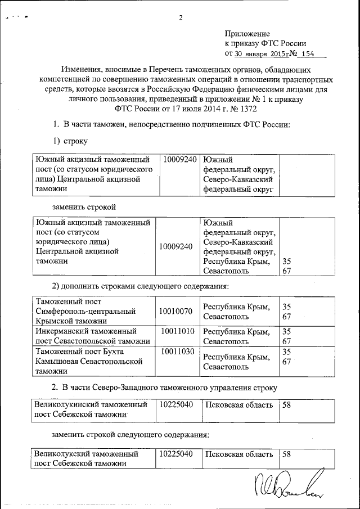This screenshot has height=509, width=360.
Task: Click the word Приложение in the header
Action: (247, 34)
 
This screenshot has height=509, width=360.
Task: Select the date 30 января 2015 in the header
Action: (261, 55)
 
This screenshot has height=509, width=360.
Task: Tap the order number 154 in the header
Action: (307, 55)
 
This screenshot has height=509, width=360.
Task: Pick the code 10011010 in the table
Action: (178, 331)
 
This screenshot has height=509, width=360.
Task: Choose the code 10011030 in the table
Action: (178, 352)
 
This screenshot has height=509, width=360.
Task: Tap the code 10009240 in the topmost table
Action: (180, 160)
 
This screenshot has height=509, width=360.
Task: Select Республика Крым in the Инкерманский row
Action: (236, 331)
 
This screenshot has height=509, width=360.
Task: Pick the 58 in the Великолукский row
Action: (286, 453)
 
